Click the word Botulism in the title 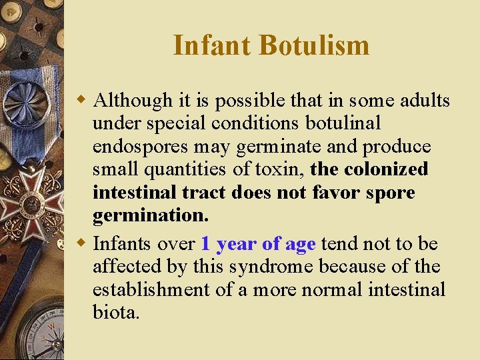(x=314, y=45)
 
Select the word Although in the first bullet (x=133, y=101)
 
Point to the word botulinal (x=341, y=123)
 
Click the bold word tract (x=205, y=193)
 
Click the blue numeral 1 (x=206, y=244)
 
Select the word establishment (x=151, y=290)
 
